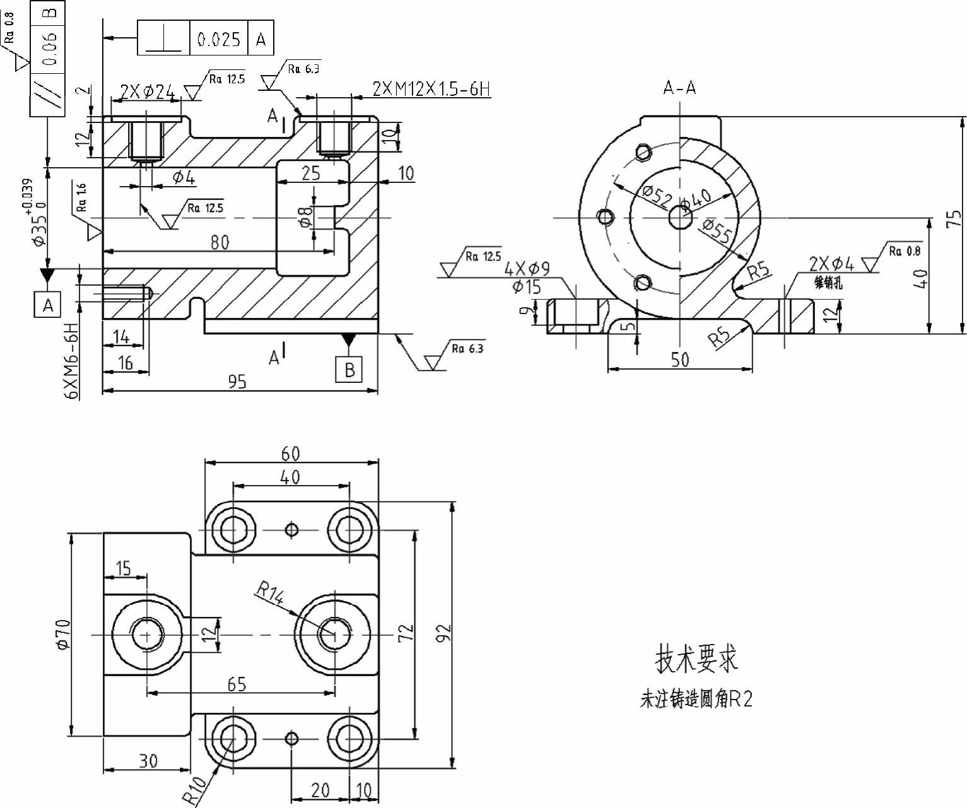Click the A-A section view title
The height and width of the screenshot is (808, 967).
point(679,88)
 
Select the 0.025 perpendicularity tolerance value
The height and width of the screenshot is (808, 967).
point(219,39)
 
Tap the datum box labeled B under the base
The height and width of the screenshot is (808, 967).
point(349,369)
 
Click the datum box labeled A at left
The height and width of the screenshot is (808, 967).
point(48,305)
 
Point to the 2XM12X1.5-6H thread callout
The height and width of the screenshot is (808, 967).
point(431,89)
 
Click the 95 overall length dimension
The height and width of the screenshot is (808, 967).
point(238,381)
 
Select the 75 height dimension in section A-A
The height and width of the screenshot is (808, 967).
point(956,218)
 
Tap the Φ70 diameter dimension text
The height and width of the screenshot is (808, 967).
point(62,634)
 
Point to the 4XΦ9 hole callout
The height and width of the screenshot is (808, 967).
point(527,269)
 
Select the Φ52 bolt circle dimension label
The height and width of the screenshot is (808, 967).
point(657,197)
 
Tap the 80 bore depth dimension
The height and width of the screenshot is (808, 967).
point(220,242)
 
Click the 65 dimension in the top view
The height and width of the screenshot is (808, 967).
point(237,684)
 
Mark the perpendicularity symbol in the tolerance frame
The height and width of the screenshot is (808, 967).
point(163,39)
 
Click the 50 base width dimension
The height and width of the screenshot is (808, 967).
point(679,360)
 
